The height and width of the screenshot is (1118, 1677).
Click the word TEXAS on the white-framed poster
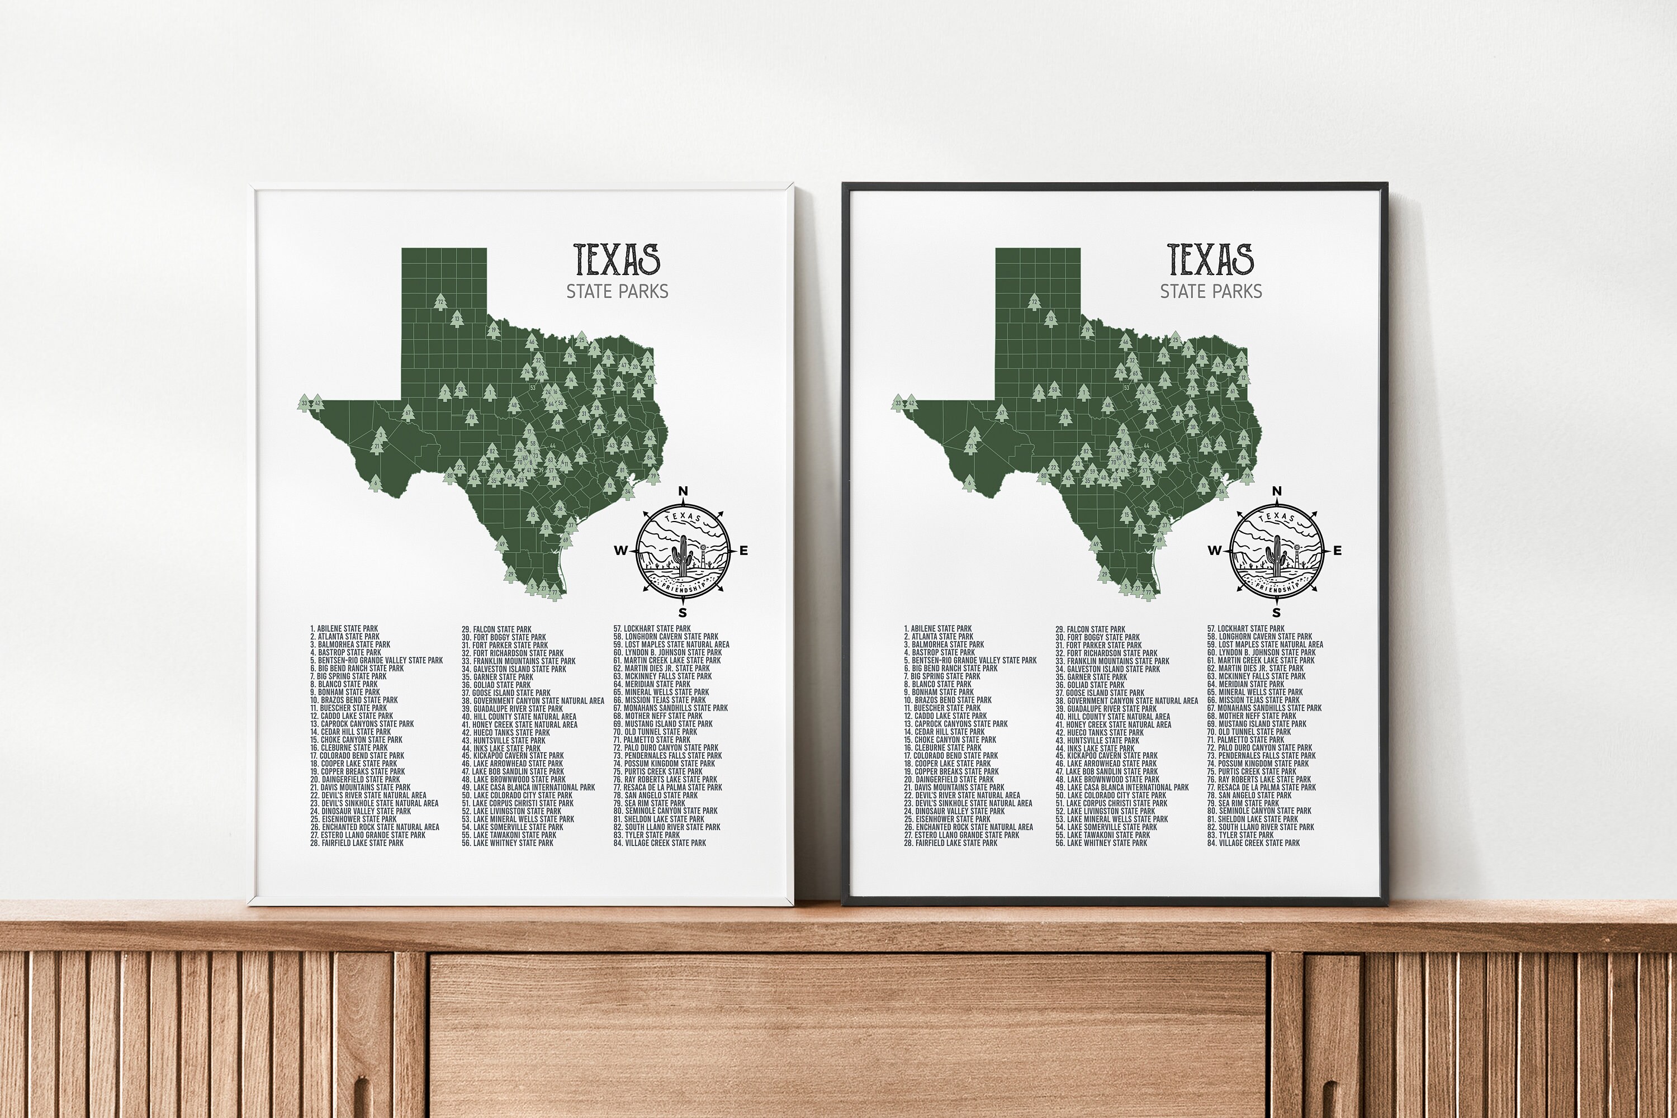pos(617,259)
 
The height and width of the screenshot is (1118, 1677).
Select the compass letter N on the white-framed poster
pos(683,491)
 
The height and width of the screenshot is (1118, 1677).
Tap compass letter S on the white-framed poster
pos(683,612)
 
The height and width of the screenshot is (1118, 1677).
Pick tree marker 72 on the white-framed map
pos(440,303)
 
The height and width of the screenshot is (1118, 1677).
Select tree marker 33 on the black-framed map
pos(898,404)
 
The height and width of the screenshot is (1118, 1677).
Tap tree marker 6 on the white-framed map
pos(375,484)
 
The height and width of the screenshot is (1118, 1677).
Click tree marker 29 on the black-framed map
pos(1103,574)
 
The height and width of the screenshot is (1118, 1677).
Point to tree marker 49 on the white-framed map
pos(502,544)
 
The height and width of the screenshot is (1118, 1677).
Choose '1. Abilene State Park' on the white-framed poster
pos(344,629)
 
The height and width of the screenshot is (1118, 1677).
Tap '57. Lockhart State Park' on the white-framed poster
pos(652,629)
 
